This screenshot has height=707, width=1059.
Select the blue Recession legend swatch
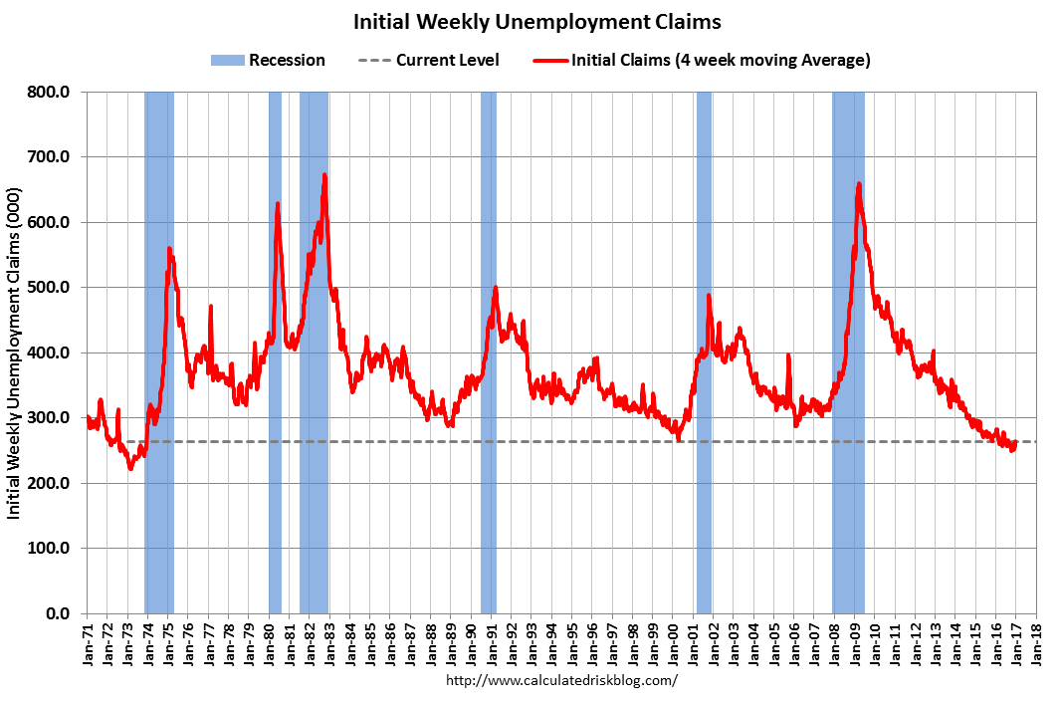[x=227, y=61]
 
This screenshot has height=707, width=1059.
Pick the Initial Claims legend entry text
[x=721, y=61]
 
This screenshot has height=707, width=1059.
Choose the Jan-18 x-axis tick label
[x=1038, y=638]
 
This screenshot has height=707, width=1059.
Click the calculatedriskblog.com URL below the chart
[x=562, y=681]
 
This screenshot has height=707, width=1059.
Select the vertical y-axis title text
[x=15, y=353]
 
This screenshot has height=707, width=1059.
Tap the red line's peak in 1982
[x=324, y=175]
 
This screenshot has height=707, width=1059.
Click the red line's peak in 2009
[x=858, y=183]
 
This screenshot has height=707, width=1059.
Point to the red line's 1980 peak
[x=278, y=203]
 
